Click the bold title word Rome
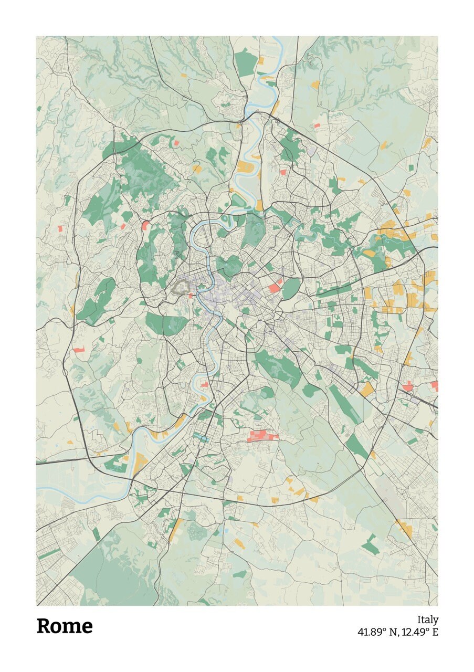tap(65, 626)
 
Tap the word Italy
tap(427, 620)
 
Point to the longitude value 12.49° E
tap(420, 632)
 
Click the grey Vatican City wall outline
tap(182, 287)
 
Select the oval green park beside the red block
tap(291, 289)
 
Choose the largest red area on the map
tap(262, 435)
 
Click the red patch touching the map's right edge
tap(435, 386)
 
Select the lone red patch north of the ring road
tap(317, 126)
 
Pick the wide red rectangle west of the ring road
tap(79, 350)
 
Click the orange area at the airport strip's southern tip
tap(404, 528)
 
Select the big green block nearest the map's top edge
tap(245, 63)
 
